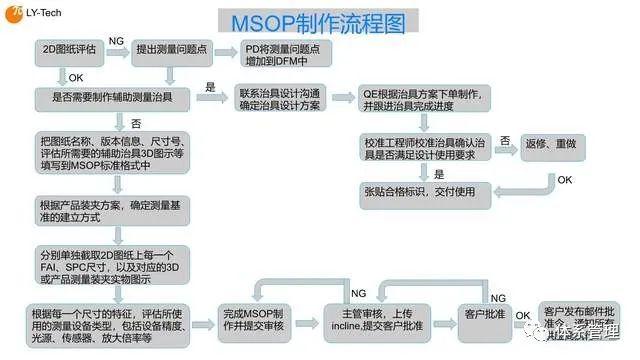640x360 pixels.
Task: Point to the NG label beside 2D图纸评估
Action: (x=117, y=40)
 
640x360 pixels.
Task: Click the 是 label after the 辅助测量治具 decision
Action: (x=211, y=87)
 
